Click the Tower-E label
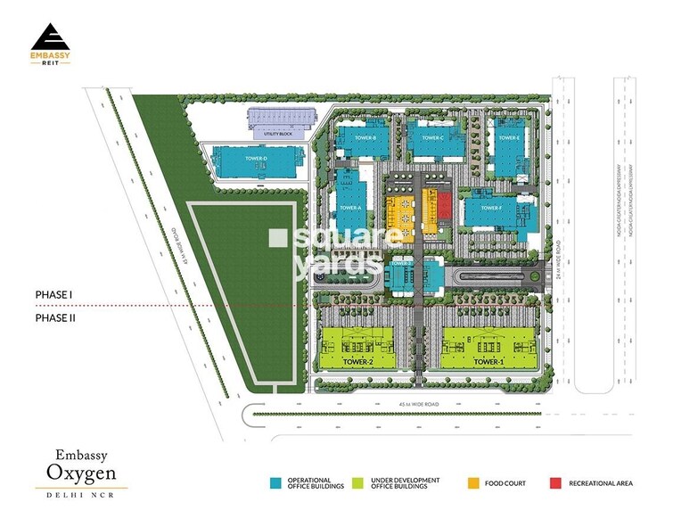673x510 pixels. point(507,138)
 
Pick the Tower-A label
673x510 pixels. point(349,208)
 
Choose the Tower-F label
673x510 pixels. point(491,208)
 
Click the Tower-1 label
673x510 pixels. point(486,363)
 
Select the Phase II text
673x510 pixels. point(56,317)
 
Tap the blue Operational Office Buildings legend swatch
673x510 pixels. point(275,483)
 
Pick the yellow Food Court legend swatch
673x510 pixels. point(470,483)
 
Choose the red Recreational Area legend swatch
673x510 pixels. point(554,483)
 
